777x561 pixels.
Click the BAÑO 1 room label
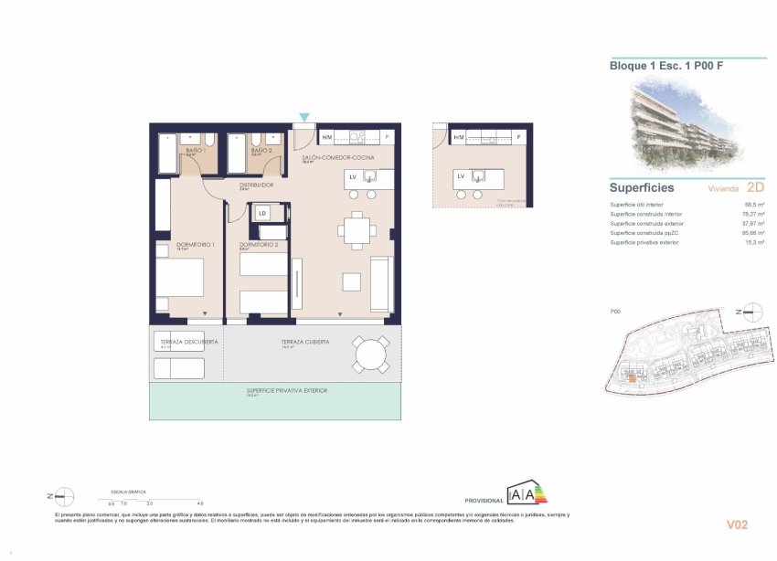(193, 150)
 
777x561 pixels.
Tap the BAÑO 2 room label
(261, 150)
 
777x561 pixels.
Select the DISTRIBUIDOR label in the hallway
(257, 185)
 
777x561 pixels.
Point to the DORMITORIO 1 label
(196, 245)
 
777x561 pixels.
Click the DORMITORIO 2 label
(259, 245)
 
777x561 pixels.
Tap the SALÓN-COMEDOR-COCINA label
(337, 158)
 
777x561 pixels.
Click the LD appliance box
(262, 214)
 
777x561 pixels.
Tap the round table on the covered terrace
(371, 355)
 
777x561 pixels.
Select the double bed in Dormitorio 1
(179, 277)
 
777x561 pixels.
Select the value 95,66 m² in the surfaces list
(752, 233)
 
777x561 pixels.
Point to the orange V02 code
(738, 524)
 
